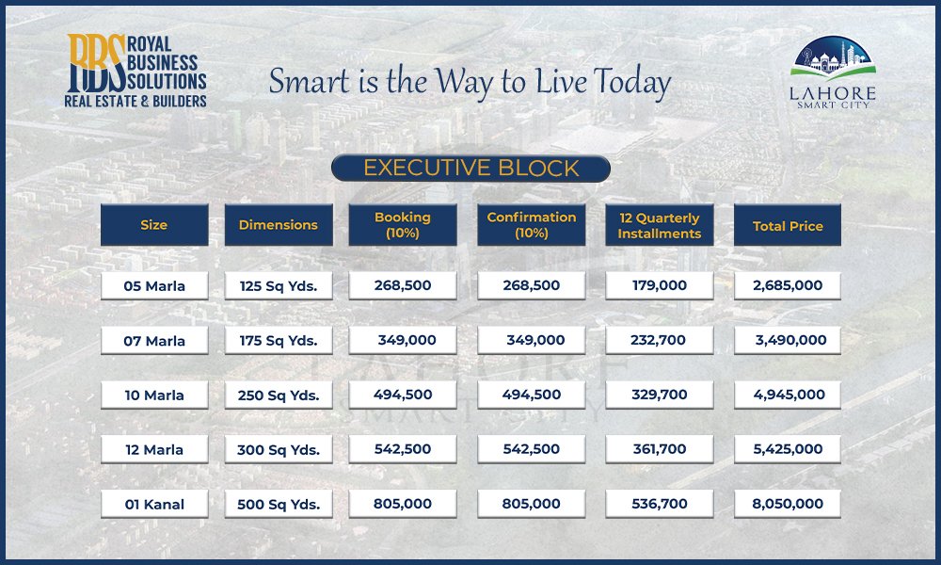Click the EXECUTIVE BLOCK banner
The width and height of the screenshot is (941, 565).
tap(470, 169)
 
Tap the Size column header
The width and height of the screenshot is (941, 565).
tap(154, 224)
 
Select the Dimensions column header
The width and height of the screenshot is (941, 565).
tap(279, 224)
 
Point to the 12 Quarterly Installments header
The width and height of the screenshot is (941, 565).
tap(660, 224)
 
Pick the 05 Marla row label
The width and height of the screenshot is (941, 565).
tap(154, 286)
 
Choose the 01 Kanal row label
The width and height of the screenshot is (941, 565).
tap(154, 505)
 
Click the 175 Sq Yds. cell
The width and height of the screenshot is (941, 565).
tap(279, 341)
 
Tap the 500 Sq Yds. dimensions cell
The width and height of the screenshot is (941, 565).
tap(279, 505)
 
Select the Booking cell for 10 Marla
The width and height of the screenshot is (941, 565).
tap(403, 395)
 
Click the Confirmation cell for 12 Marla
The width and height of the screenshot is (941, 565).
tap(531, 449)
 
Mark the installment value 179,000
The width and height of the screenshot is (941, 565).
tap(660, 286)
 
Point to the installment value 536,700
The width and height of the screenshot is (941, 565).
tap(660, 505)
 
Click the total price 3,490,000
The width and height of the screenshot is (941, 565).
tap(788, 341)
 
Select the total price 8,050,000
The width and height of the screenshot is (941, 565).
tap(788, 505)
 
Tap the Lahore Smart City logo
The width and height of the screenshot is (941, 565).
tap(833, 73)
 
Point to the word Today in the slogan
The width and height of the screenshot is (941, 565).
tap(632, 82)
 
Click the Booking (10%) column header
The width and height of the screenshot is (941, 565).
tap(403, 224)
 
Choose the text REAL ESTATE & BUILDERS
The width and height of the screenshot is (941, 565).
tap(136, 101)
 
